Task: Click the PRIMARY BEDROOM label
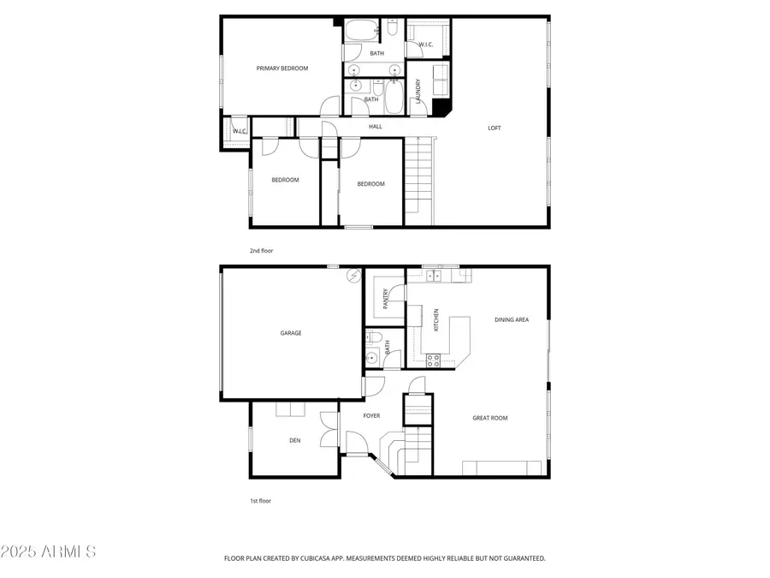tap(282, 69)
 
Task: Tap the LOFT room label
tap(495, 128)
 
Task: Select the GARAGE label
tap(291, 333)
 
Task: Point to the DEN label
tap(294, 441)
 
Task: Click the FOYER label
tap(371, 416)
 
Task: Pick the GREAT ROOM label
tap(490, 418)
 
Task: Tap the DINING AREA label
tap(512, 319)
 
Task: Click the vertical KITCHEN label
tap(436, 320)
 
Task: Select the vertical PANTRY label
tap(387, 299)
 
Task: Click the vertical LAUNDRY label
tap(418, 91)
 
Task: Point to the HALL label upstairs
tap(376, 127)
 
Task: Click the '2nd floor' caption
tap(261, 251)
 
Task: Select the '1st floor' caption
tap(260, 501)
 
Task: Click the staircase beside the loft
tap(417, 175)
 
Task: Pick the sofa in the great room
tap(501, 468)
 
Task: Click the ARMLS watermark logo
tap(48, 551)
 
